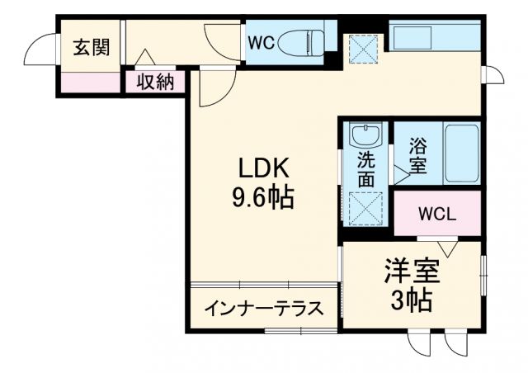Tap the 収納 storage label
point(154,82)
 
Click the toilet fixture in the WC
point(300,40)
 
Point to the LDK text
point(263,168)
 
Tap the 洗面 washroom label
point(365,168)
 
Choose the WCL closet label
point(436,214)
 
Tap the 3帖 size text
point(411,300)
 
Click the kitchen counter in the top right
point(434,36)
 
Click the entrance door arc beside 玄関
point(40,51)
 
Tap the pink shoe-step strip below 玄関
point(89,83)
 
